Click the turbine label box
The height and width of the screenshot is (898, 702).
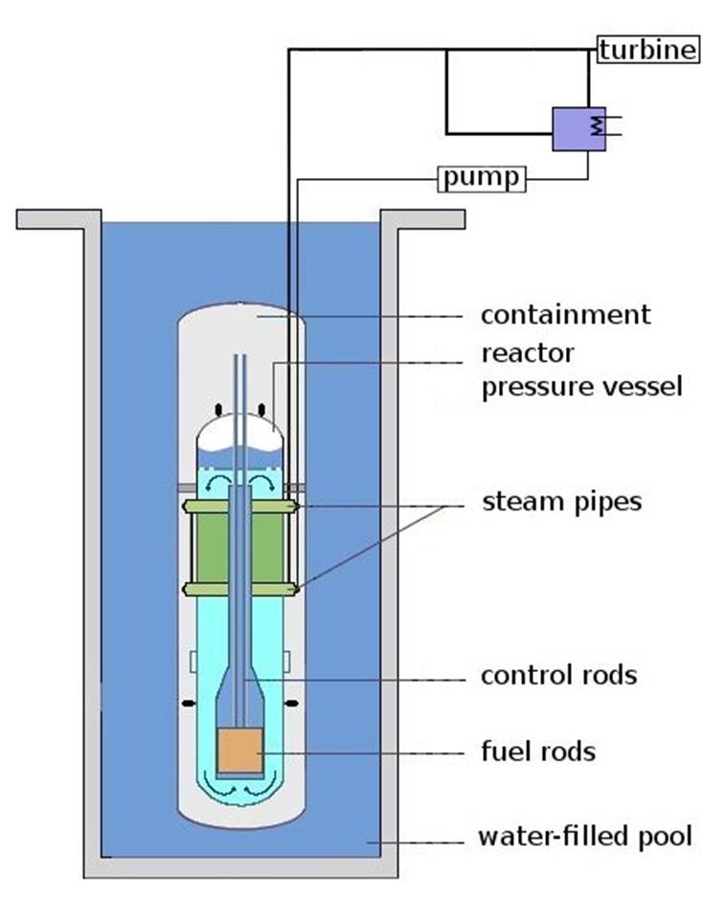point(648,49)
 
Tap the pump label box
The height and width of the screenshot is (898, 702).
point(482,178)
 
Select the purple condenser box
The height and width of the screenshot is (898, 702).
point(578,129)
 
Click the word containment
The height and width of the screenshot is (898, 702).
point(566,315)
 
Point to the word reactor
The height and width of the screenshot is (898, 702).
point(527,353)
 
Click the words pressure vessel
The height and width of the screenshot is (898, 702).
point(581,387)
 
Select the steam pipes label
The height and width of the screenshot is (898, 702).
point(561,503)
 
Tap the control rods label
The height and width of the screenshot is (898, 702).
point(558,675)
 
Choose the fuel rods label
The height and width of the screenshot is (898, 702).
point(538,752)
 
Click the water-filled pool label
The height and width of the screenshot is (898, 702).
point(585,836)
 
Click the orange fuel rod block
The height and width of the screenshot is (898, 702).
point(240,751)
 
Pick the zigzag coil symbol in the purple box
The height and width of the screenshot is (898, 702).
point(598,126)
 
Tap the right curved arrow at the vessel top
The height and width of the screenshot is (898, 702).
point(262,482)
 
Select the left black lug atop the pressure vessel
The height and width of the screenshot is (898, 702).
point(218,410)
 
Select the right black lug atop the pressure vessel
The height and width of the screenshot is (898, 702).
point(261,410)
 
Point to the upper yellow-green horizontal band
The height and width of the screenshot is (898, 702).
point(240,506)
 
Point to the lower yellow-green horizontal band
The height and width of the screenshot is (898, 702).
point(240,590)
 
